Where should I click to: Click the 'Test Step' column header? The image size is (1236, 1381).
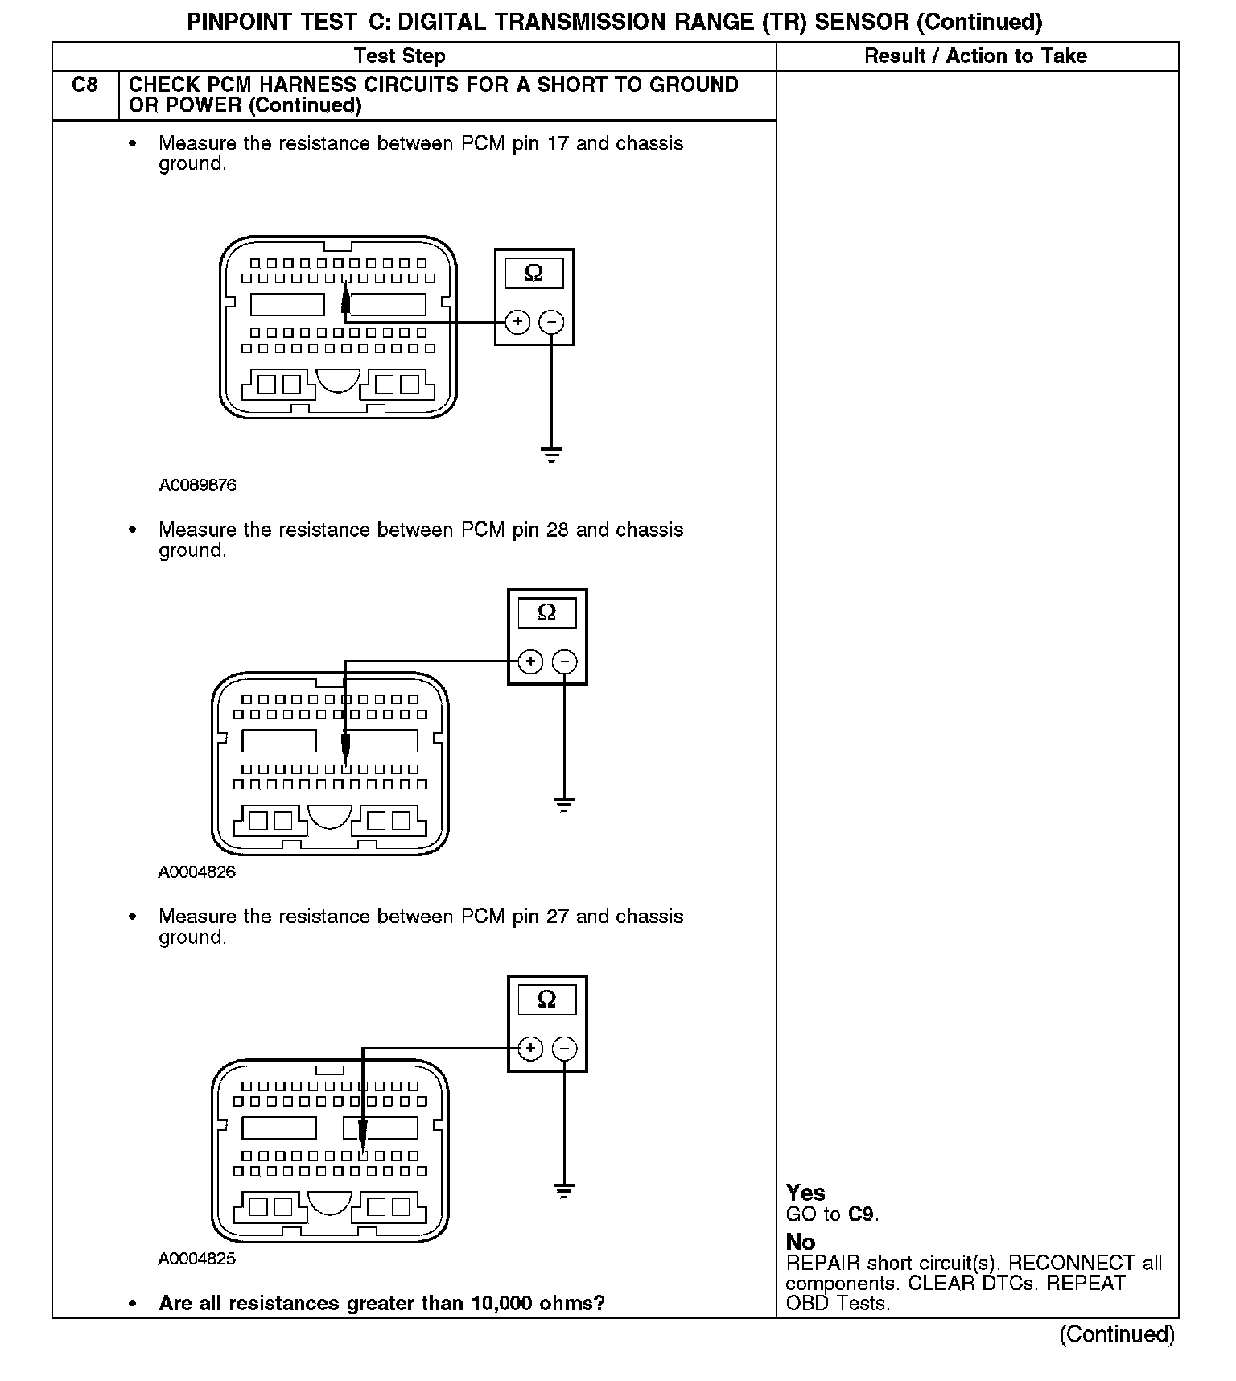click(x=399, y=56)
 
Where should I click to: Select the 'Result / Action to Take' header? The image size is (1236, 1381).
click(x=975, y=56)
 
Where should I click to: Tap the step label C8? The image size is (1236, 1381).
click(x=84, y=85)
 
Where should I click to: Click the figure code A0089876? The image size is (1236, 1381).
click(x=197, y=485)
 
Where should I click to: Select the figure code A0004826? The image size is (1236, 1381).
click(x=197, y=872)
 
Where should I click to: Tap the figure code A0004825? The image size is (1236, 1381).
click(x=197, y=1259)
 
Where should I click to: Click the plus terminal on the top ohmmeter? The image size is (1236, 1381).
click(x=517, y=322)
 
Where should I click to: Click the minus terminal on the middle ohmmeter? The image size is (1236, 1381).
click(x=565, y=662)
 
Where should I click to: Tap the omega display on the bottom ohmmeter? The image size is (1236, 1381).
click(x=546, y=1000)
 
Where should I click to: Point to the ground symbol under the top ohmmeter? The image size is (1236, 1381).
click(x=551, y=455)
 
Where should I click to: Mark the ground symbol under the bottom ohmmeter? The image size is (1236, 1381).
click(x=564, y=1190)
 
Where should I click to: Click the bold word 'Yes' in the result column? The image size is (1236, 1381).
click(x=805, y=1193)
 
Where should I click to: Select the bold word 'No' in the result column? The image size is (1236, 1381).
click(x=801, y=1242)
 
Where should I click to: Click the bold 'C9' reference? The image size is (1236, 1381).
click(x=862, y=1214)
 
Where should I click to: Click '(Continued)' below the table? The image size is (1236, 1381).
click(x=1116, y=1334)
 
